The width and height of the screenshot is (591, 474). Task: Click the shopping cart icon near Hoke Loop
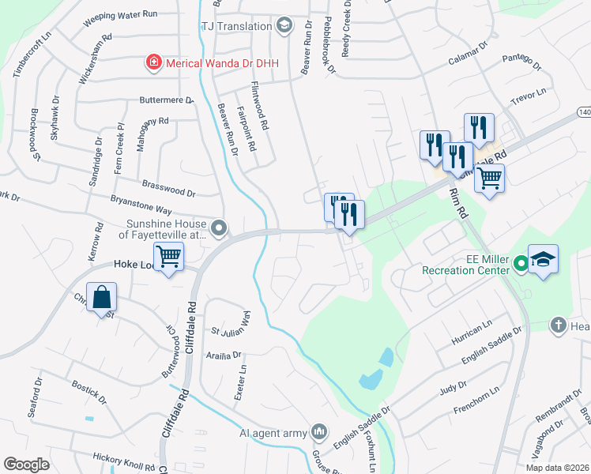169,255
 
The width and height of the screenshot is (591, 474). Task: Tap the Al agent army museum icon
318,431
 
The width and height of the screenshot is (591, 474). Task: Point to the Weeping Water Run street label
121,15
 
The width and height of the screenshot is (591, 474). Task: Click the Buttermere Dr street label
166,100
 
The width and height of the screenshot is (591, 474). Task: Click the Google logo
26,465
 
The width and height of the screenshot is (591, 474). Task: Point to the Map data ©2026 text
556,468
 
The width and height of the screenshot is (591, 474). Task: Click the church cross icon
558,325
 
